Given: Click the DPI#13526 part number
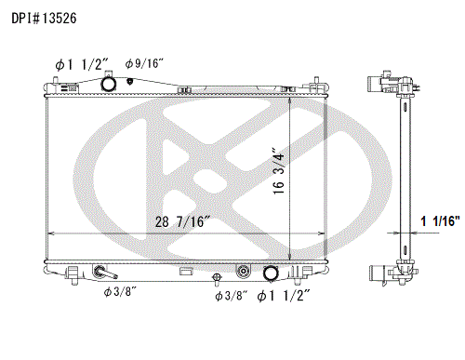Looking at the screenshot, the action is coord(44,19).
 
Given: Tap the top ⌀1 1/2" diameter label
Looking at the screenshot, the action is coord(82,65).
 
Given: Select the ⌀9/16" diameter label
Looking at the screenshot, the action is coord(144,63).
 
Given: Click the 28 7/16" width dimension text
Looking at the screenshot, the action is coord(183,221).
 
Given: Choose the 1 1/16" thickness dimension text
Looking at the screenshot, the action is coord(440,221).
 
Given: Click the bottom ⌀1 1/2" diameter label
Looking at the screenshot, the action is coord(284,296).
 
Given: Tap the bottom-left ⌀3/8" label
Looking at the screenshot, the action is coord(120,291).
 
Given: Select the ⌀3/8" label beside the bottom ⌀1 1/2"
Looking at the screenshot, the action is coord(232,296).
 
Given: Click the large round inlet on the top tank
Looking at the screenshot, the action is coord(109,84).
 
